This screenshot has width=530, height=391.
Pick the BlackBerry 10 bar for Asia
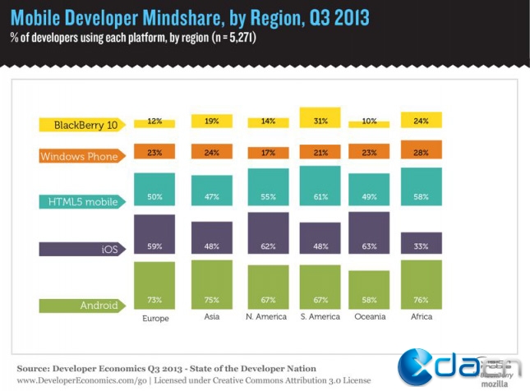[211, 121]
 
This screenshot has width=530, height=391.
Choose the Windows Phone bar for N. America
[268, 153]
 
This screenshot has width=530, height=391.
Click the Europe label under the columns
[154, 317]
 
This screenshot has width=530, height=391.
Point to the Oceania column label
[369, 317]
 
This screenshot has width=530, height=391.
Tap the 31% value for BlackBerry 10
[319, 121]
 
